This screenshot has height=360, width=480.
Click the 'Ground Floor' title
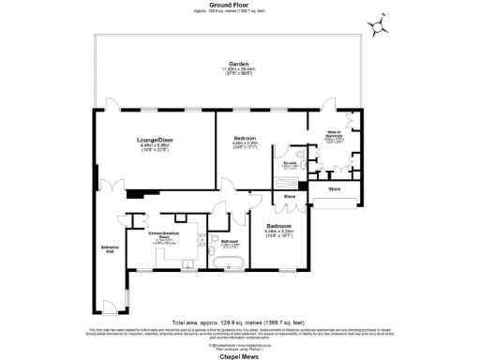point(240,5)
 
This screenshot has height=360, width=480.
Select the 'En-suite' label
point(291,163)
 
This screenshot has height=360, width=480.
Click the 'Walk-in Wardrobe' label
point(333,134)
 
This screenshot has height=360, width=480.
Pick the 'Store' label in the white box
point(335,189)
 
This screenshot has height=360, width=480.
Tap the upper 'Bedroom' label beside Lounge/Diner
point(247,138)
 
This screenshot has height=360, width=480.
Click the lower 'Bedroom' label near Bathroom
point(279,226)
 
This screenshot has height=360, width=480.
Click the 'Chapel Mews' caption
point(240,353)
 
